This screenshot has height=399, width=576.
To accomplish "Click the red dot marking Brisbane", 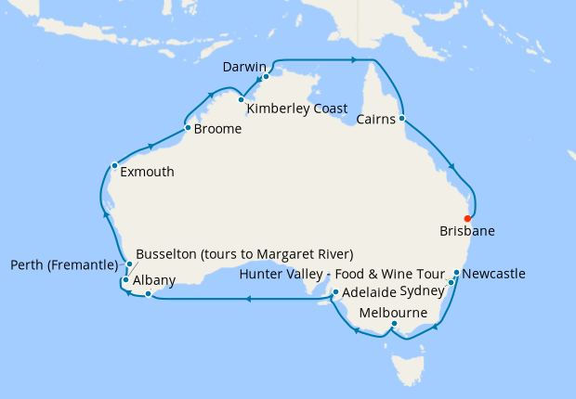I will (x=467, y=219).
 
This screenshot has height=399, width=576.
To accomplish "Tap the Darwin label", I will (x=245, y=68).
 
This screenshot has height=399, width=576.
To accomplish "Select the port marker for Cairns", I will (x=402, y=119).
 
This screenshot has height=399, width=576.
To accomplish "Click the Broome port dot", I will (x=189, y=127).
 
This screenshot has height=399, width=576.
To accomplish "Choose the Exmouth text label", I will (x=147, y=172).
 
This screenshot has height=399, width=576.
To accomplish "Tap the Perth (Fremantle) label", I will (x=64, y=265).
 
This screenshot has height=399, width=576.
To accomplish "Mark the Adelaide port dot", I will (x=334, y=292).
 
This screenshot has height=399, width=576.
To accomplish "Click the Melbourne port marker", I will (x=394, y=324).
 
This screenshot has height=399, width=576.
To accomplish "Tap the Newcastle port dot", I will (x=456, y=273).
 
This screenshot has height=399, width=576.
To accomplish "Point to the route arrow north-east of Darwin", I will (x=354, y=60).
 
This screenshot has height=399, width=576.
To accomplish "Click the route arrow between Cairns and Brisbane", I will (x=452, y=166).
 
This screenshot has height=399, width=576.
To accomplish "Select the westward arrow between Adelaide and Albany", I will (x=248, y=299).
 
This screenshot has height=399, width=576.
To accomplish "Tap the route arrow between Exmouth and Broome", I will (x=150, y=146).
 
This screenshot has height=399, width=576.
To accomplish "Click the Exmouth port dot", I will (x=114, y=166).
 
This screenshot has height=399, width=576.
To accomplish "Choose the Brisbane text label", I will (x=468, y=231).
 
